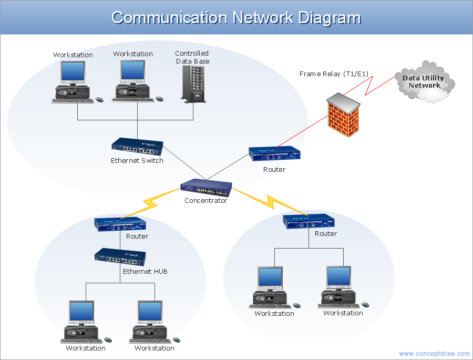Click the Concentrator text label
(205, 201)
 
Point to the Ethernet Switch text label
(137, 161)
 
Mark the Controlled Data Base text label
(192, 57)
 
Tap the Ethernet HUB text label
(145, 272)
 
